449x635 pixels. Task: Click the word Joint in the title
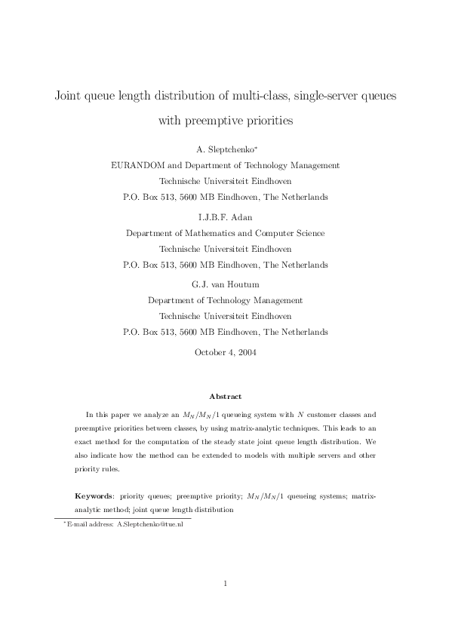click(x=69, y=97)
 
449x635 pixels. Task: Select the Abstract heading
click(x=225, y=396)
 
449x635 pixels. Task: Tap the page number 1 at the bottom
click(x=225, y=582)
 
